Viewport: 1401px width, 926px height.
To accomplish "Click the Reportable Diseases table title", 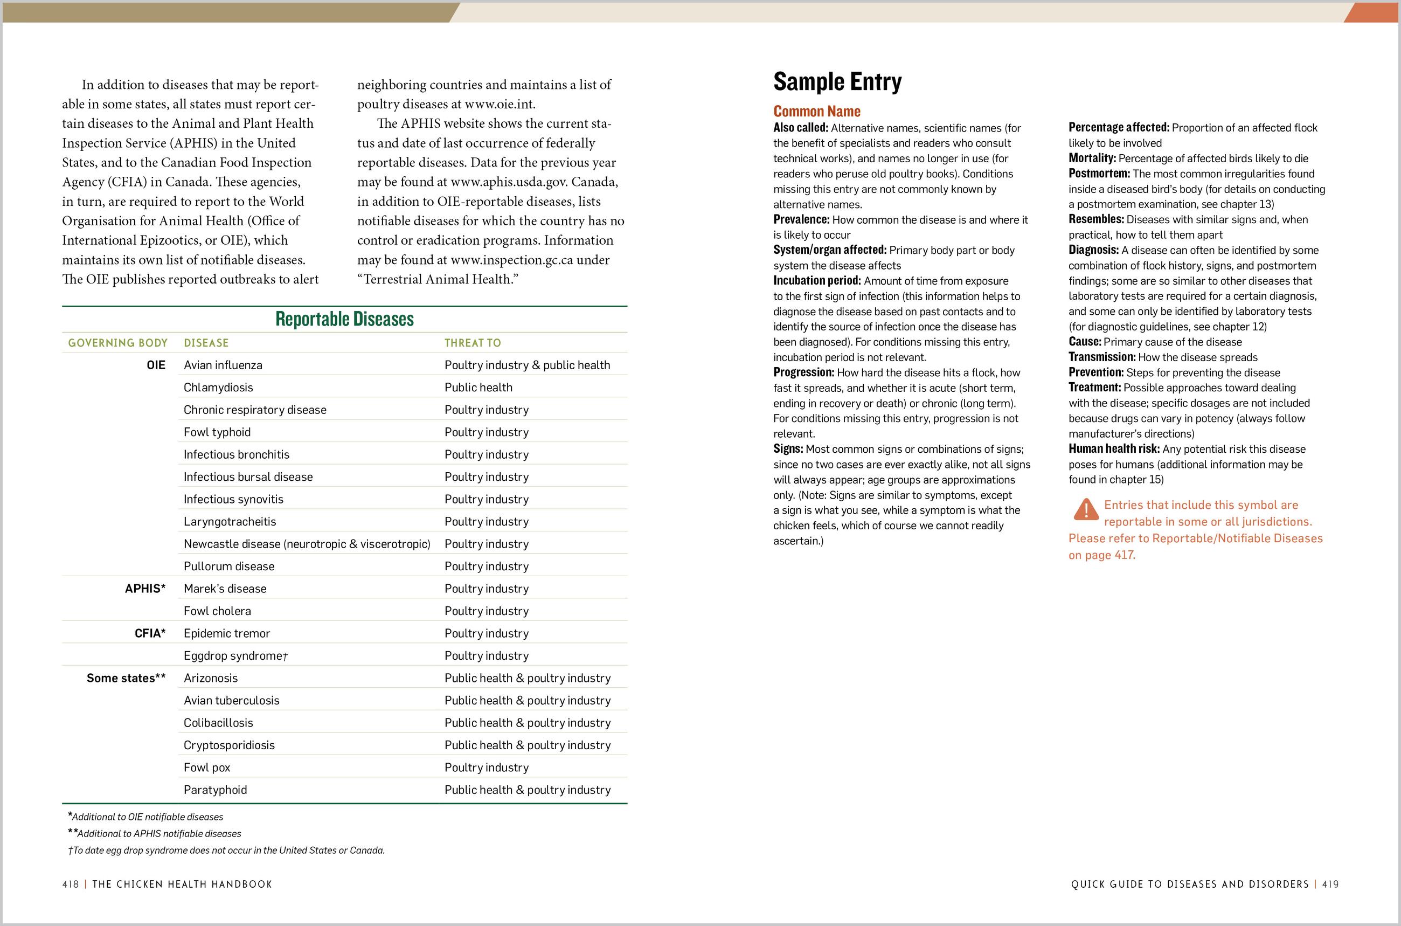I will click(344, 320).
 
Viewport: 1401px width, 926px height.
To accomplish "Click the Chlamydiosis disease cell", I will click(218, 388).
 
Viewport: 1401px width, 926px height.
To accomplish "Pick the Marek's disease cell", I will click(224, 589).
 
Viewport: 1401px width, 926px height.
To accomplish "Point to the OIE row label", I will click(156, 365).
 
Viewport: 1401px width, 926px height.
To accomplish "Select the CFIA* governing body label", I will click(150, 633).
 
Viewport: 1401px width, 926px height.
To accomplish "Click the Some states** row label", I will click(126, 678).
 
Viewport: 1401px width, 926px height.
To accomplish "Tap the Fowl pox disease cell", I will click(206, 768).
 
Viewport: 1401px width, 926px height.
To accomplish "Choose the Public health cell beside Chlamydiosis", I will click(478, 388).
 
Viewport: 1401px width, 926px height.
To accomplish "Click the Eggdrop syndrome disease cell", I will click(235, 655).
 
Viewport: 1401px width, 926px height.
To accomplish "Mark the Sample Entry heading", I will click(837, 81).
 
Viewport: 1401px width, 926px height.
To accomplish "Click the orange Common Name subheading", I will click(816, 111).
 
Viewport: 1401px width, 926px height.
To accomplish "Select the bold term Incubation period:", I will click(817, 280).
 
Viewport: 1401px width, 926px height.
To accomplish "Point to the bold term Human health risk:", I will click(1113, 449).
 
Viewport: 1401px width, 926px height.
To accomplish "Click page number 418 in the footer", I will click(70, 884).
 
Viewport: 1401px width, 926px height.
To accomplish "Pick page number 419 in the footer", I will click(1330, 884).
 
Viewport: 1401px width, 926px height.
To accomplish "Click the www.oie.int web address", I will click(500, 105).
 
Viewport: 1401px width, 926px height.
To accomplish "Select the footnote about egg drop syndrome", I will click(226, 851).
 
